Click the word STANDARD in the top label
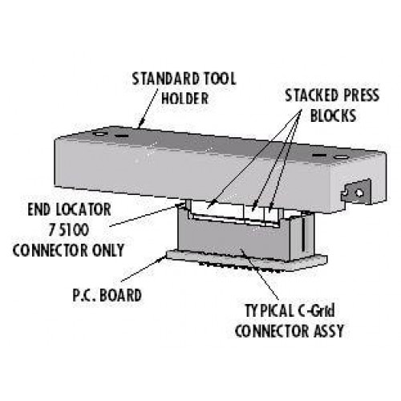tap(166, 79)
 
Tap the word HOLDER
tap(184, 99)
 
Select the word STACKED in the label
tap(311, 95)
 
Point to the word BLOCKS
tap(333, 115)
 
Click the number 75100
tap(68, 230)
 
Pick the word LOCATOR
tap(83, 209)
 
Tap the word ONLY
tap(108, 250)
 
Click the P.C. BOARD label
tap(107, 295)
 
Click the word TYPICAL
tap(269, 311)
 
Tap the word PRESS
tap(361, 95)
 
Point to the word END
tap(39, 209)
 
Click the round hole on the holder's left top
tap(101, 133)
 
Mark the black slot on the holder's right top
tap(320, 156)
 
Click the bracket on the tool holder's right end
tap(356, 191)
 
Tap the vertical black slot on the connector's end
tap(304, 234)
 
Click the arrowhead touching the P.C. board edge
tap(163, 258)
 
